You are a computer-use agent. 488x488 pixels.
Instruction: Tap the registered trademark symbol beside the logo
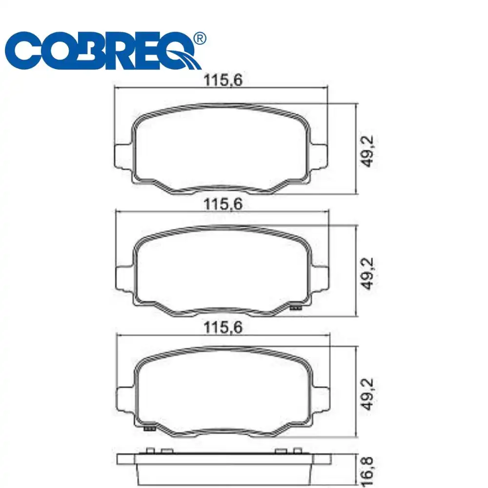pos(199,39)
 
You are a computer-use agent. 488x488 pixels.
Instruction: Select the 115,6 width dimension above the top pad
pos(223,81)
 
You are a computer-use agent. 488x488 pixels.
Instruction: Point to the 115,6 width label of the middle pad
pos(223,204)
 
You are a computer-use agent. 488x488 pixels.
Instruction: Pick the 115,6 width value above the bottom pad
pos(223,328)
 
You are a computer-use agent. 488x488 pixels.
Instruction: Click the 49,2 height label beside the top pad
pos(369,151)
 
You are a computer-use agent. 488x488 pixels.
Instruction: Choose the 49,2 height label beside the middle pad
pos(369,274)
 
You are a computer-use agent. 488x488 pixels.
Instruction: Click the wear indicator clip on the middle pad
pos(296,307)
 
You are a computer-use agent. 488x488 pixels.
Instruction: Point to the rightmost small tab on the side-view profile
pos(296,451)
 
